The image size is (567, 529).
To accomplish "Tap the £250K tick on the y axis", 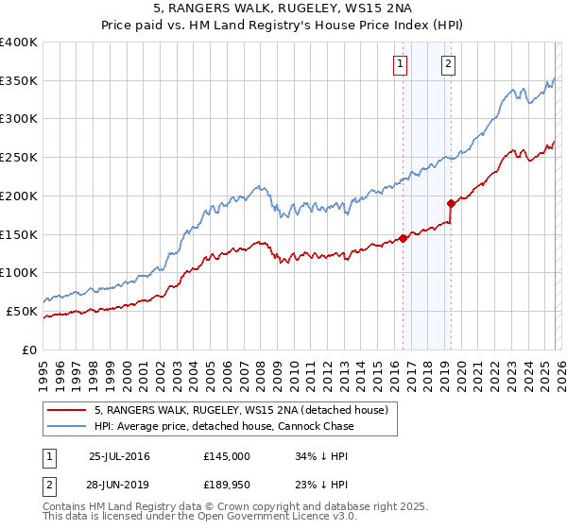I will click(x=19, y=157).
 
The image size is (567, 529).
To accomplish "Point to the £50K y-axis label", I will click(x=21, y=311).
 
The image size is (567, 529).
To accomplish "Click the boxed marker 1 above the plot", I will click(x=400, y=64).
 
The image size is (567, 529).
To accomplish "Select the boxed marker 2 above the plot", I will click(x=447, y=64).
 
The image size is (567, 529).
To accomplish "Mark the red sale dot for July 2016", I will click(x=403, y=238).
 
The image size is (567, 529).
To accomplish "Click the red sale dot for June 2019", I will click(x=451, y=202).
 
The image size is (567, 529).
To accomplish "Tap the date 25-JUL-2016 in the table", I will click(x=119, y=456).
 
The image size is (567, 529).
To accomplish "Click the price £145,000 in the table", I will click(x=227, y=456).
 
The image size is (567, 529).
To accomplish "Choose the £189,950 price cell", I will click(x=227, y=485).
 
